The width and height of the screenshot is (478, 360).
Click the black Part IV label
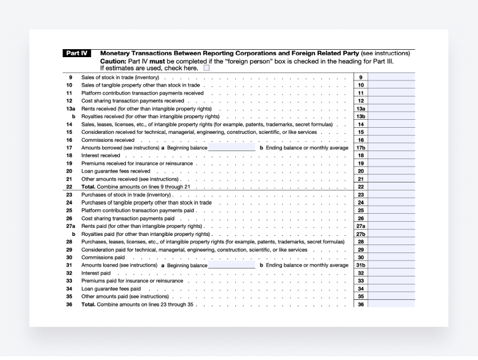click(x=77, y=53)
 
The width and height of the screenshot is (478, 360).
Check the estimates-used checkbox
click(x=206, y=68)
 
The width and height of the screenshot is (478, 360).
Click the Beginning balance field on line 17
click(x=232, y=148)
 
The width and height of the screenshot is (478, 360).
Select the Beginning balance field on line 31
click(x=232, y=265)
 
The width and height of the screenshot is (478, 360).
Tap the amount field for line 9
click(x=391, y=77)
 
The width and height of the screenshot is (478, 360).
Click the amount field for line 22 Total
click(x=391, y=187)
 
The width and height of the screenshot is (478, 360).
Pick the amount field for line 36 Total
click(x=391, y=304)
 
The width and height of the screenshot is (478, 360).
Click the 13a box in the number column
click(x=361, y=108)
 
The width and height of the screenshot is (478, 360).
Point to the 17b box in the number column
click(x=361, y=148)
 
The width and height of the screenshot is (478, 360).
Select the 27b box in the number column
click(x=361, y=234)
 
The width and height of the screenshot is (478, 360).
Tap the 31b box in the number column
click(x=361, y=265)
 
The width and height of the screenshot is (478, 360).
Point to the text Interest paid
click(x=96, y=273)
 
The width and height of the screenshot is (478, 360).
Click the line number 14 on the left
click(x=69, y=124)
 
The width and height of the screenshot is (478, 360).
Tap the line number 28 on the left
click(x=69, y=241)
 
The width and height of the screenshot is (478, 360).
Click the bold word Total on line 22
click(x=88, y=187)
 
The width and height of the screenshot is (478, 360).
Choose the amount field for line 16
click(x=391, y=140)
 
